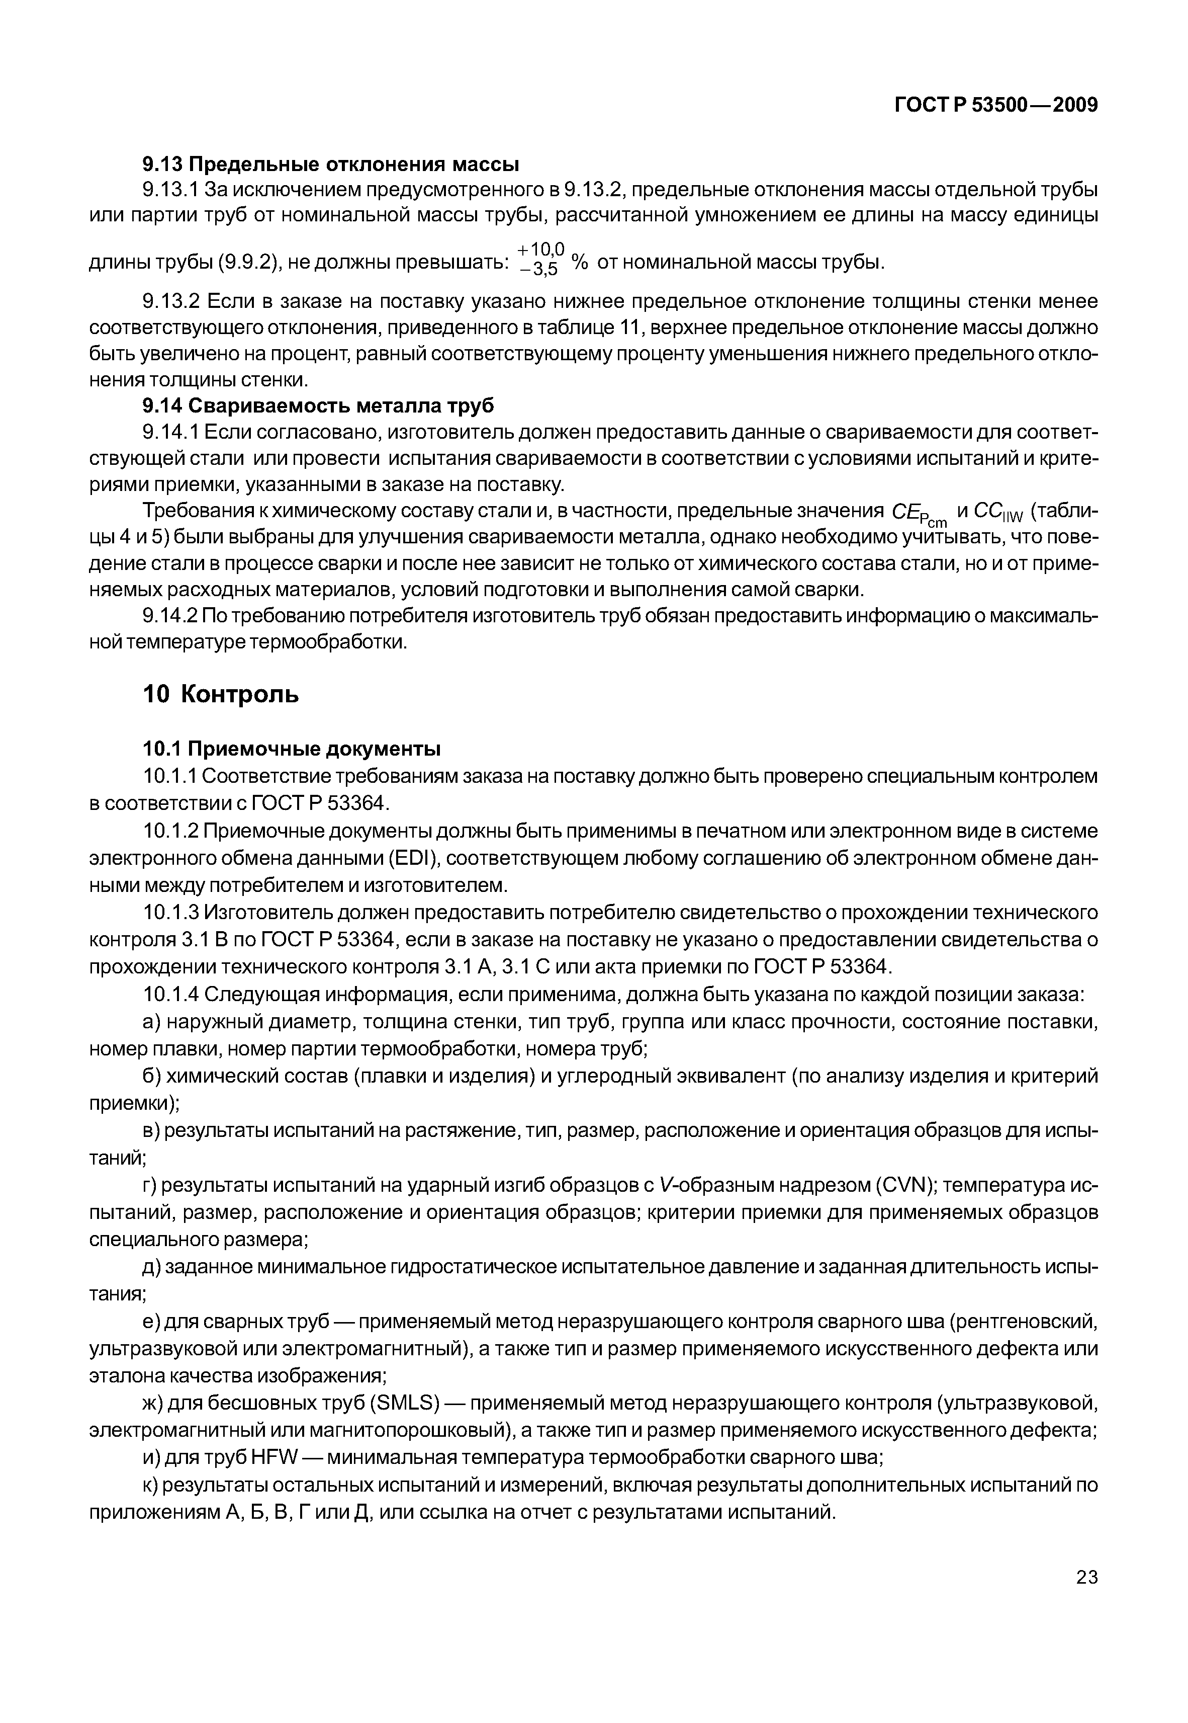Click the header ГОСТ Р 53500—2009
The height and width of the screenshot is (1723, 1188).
click(995, 106)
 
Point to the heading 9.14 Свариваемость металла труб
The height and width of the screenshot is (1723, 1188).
click(318, 406)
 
